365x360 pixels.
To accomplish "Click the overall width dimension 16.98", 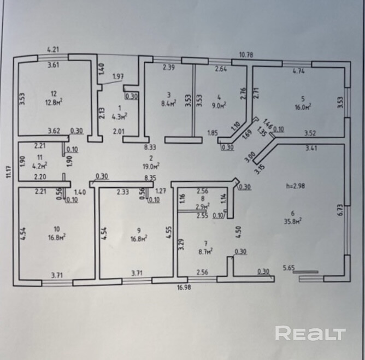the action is point(182,286).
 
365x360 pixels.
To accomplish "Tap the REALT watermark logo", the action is point(310,333).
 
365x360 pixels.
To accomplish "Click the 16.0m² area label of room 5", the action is point(303,107).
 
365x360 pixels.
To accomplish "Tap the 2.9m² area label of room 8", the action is point(202,207).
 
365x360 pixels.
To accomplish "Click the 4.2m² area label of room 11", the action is point(39,164).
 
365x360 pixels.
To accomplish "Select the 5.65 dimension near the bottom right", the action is point(289,268).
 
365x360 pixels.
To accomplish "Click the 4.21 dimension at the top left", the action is point(53,49).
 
